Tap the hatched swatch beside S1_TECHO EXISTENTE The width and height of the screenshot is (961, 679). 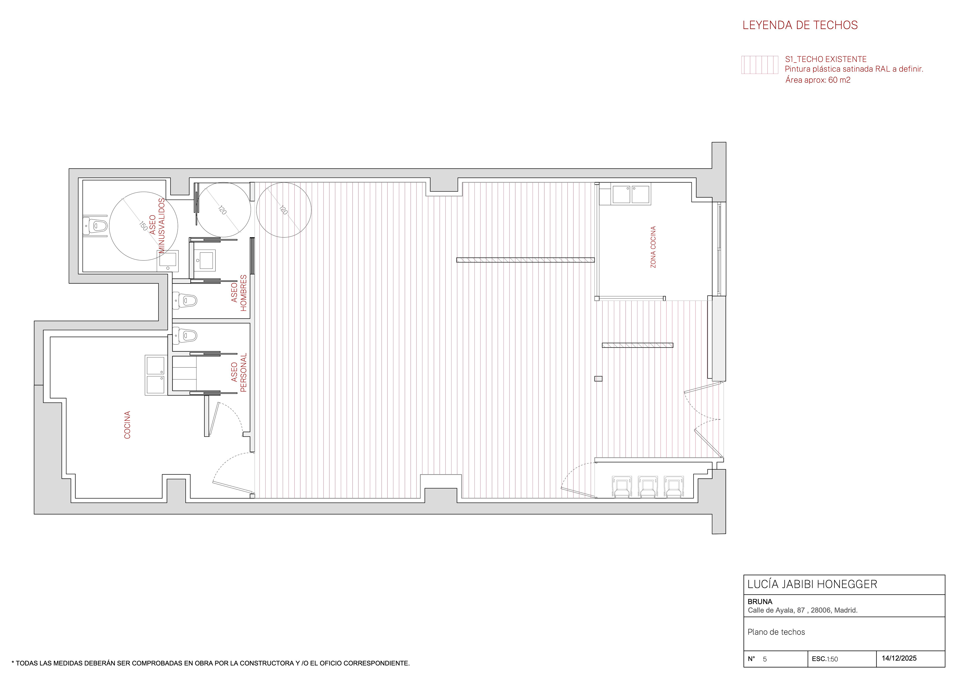[x=760, y=65]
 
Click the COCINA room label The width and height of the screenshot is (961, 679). [x=127, y=425]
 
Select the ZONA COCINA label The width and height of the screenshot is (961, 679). [x=653, y=247]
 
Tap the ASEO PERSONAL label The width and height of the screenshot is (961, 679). [x=238, y=372]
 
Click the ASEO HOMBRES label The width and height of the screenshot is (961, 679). [x=238, y=293]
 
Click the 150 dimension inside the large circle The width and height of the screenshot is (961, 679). [x=143, y=226]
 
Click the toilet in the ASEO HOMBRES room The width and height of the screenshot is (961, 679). [x=185, y=300]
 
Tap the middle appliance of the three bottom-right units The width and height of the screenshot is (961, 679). [x=647, y=486]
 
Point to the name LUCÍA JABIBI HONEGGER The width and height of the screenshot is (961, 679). [x=812, y=584]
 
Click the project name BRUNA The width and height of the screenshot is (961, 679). [x=760, y=602]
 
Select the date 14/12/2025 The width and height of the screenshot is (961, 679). [x=899, y=658]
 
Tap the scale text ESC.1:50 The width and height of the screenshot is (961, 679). [x=825, y=659]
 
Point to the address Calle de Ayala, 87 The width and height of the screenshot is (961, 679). [x=776, y=610]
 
